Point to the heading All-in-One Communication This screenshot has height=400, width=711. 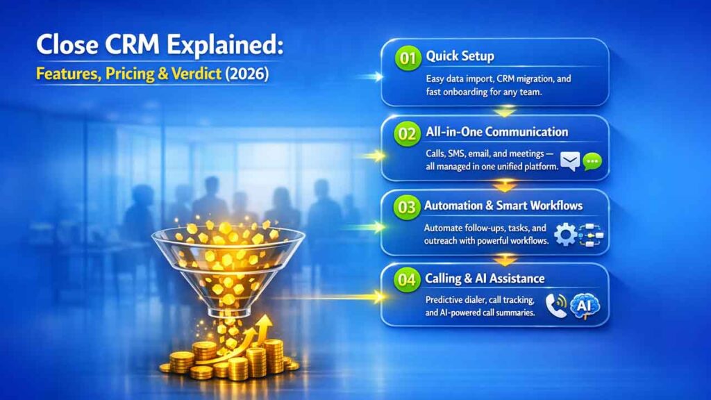pos(497,133)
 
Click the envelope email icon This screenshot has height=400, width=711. pos(571,162)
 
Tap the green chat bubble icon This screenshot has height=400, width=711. pos(592,162)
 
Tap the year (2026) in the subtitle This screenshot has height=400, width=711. pos(245,73)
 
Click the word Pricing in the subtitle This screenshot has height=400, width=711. pos(131,73)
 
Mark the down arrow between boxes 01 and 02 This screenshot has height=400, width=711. pos(505,111)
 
